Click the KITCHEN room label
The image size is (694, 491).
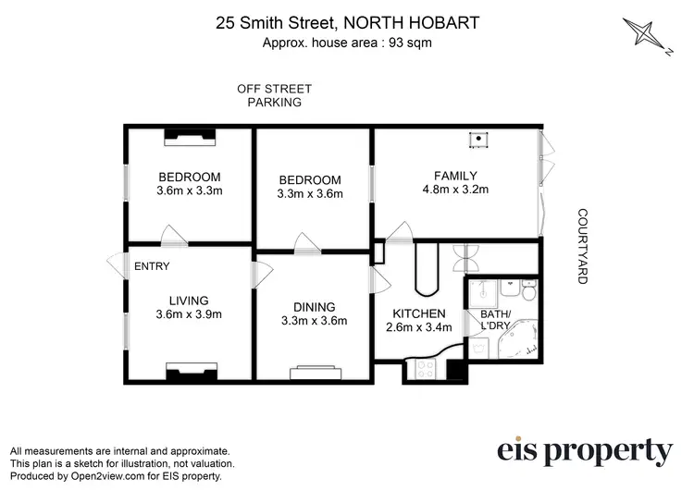click(x=419, y=313)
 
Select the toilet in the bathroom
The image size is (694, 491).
click(x=527, y=293)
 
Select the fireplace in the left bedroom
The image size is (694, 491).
click(x=190, y=137)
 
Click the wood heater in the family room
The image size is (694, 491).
click(x=478, y=141)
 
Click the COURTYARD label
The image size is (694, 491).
click(x=583, y=245)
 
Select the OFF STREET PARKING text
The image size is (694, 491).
click(x=274, y=95)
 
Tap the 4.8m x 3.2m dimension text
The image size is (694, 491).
click(x=455, y=190)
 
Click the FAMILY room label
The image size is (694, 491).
click(x=455, y=176)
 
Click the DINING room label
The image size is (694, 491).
click(x=313, y=307)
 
